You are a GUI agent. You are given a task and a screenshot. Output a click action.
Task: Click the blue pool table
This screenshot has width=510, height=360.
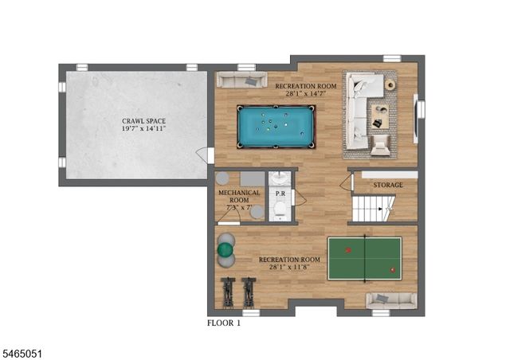(x=276, y=127)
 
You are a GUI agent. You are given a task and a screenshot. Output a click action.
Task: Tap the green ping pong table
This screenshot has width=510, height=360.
(x=365, y=259)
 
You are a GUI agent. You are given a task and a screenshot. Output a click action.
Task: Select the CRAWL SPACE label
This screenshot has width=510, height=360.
(x=143, y=121)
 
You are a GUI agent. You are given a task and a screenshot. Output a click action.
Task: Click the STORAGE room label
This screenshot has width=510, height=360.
(x=388, y=185)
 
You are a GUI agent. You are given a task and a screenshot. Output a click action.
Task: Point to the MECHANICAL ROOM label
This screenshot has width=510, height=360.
(x=239, y=197)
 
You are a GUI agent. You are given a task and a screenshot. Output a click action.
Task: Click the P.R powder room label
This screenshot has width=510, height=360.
(x=280, y=194)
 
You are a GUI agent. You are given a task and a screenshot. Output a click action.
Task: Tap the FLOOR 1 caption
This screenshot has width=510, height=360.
(x=224, y=323)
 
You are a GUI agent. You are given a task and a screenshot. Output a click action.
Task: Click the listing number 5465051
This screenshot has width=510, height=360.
(x=22, y=354)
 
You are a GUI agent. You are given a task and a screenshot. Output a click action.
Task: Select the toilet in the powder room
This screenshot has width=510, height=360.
(x=280, y=209)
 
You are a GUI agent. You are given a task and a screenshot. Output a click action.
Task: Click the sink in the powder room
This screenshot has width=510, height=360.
(x=280, y=178)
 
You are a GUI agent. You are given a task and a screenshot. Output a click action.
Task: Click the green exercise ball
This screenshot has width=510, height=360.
(x=226, y=249)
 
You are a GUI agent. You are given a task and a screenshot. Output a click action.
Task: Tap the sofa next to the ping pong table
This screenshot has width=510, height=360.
(x=391, y=300)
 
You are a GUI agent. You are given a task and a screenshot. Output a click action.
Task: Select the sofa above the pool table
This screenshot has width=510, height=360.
(x=241, y=80)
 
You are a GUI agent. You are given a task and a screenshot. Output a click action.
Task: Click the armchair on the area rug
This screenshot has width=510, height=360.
(x=380, y=145)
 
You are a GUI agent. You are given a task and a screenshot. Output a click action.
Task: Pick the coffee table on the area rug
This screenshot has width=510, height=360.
(x=380, y=116)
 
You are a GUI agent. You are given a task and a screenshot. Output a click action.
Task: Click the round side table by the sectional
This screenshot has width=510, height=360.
(x=390, y=85)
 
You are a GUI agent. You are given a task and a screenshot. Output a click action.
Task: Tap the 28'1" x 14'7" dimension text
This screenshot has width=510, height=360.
(x=305, y=94)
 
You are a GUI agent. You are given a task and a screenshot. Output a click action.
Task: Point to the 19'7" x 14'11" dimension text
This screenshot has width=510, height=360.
(x=143, y=128)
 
